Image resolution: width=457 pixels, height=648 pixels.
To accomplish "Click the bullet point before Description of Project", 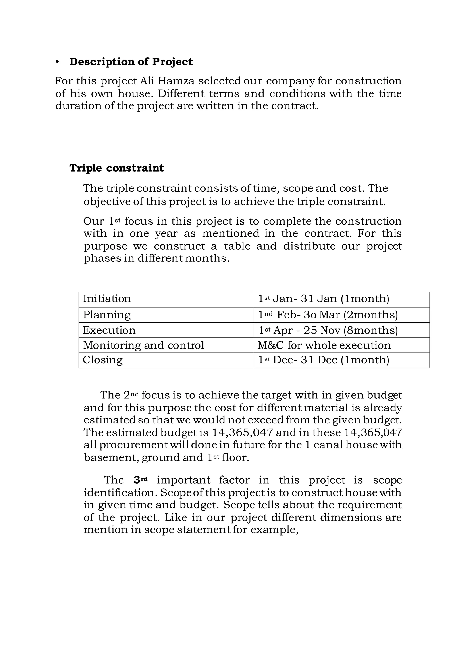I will click(x=58, y=62).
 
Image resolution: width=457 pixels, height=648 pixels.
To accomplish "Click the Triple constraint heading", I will click(x=116, y=168).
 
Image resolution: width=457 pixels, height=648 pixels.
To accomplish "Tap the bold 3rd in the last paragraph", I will click(x=140, y=480).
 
